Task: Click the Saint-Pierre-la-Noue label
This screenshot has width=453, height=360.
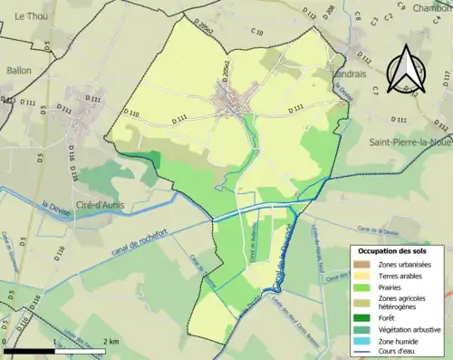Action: pos(409,142)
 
